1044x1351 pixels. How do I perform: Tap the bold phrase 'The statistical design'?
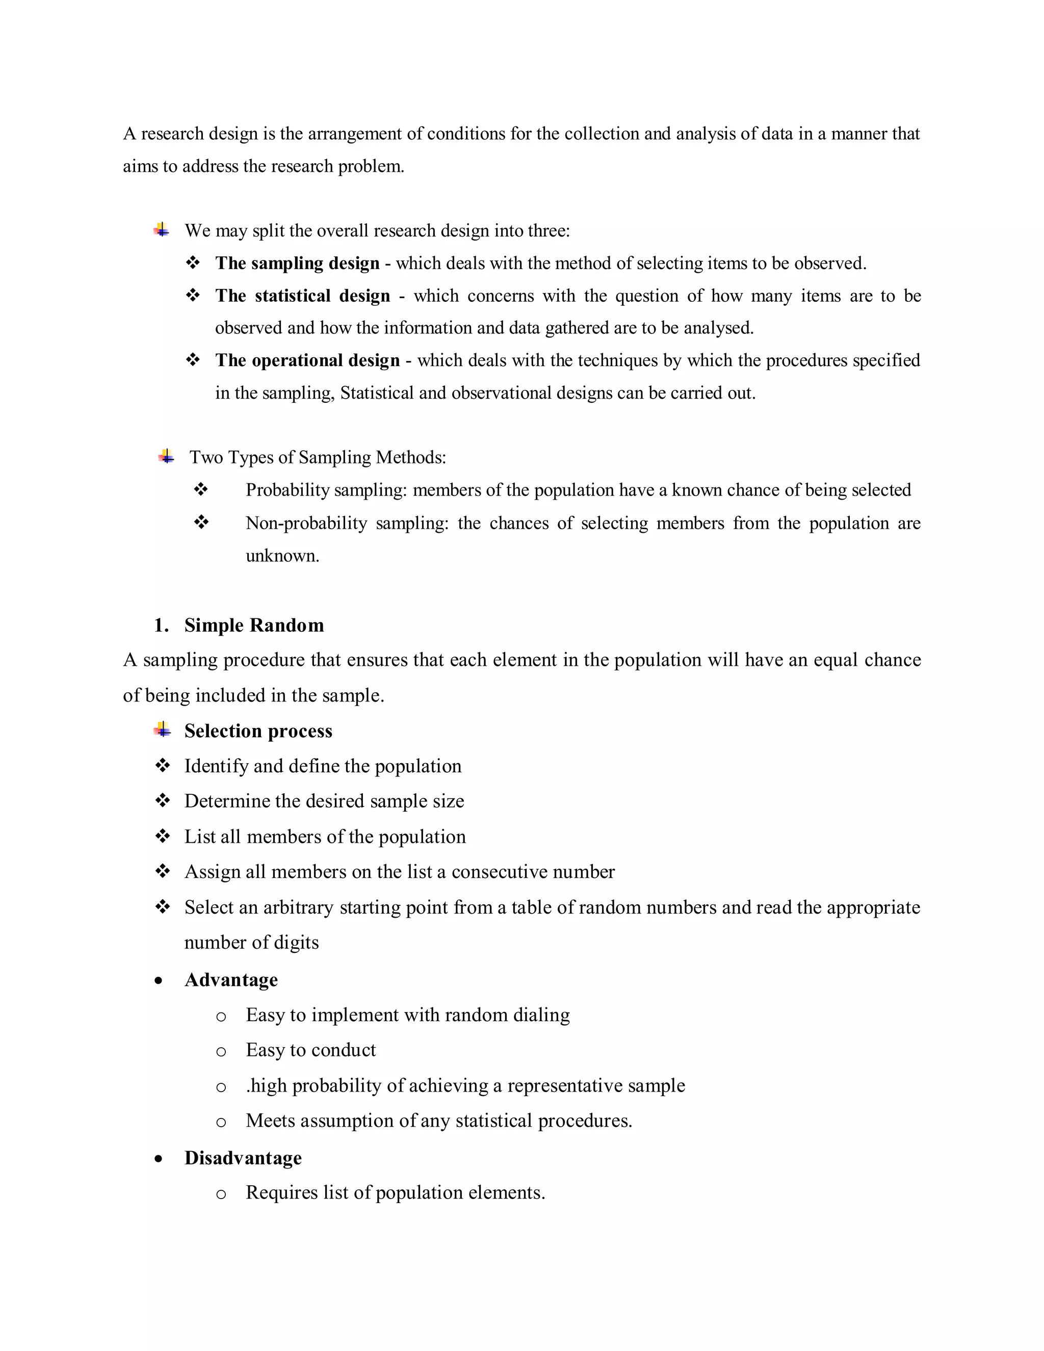tap(302, 296)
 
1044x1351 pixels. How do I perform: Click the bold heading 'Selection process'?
tap(258, 731)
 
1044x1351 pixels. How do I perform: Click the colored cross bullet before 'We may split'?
tap(162, 230)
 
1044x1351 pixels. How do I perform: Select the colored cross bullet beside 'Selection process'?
tap(163, 730)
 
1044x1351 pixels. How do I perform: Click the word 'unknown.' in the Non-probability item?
tap(282, 556)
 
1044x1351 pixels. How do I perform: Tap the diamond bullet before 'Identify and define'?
tap(163, 766)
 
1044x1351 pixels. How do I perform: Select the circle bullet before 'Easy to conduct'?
tap(221, 1052)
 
